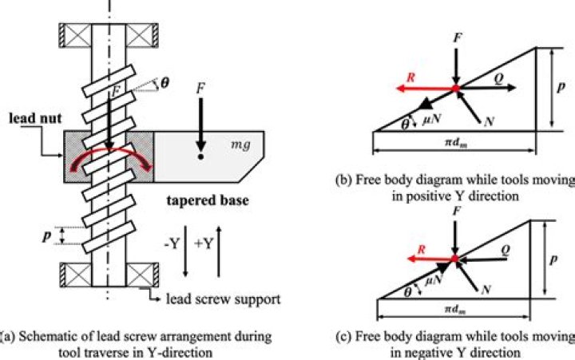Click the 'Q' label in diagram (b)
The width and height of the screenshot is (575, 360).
tap(498, 78)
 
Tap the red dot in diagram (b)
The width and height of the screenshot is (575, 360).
tap(454, 88)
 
